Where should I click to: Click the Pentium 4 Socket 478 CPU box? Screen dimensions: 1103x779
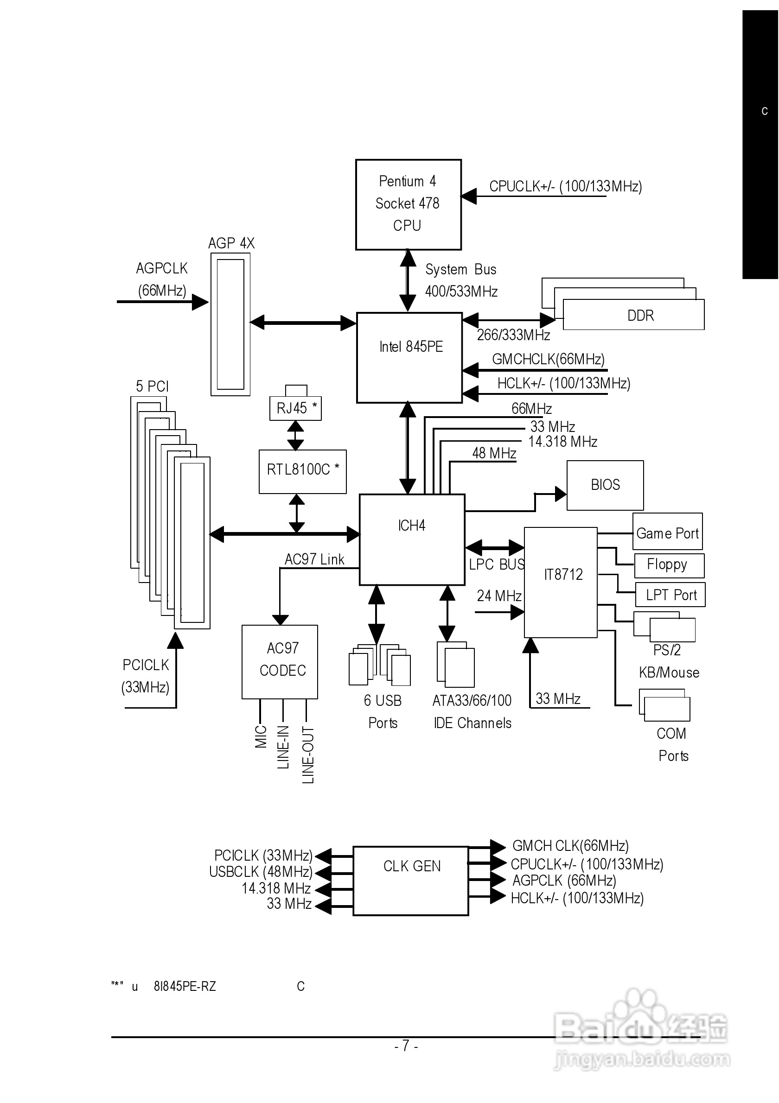408,204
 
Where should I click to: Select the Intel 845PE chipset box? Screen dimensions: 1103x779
409,357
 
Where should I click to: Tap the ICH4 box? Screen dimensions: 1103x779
412,539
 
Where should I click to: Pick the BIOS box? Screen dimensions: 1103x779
605,485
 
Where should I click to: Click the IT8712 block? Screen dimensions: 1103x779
560,582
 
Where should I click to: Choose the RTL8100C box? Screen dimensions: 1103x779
302,471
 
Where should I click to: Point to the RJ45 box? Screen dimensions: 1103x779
295,408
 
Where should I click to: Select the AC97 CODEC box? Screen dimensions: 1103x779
279,661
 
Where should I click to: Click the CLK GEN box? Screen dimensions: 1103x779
411,881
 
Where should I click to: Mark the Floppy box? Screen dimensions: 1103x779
669,565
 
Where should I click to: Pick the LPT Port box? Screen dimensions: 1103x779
670,595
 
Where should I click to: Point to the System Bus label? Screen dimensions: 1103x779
460,270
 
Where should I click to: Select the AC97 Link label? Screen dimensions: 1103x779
314,559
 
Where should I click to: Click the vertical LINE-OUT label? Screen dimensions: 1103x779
308,754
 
